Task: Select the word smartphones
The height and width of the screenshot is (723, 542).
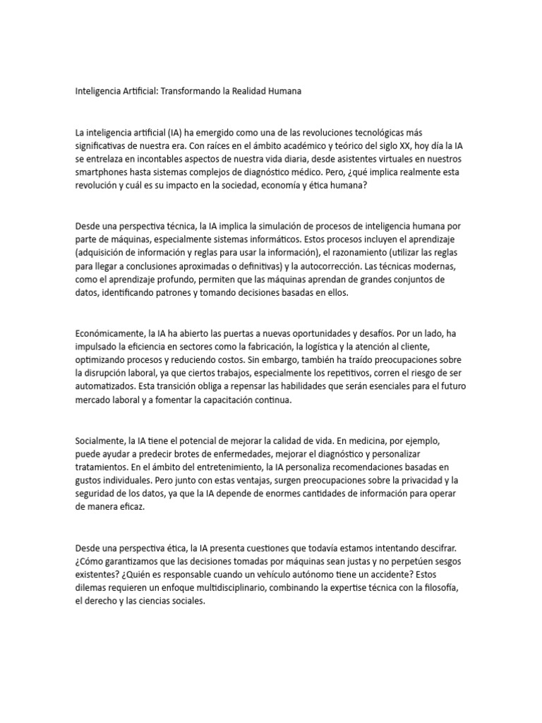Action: (x=102, y=172)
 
